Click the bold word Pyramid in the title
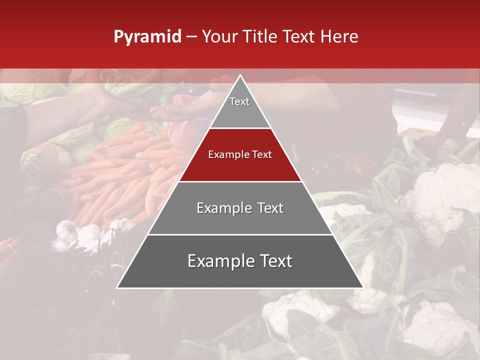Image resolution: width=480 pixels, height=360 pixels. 147,37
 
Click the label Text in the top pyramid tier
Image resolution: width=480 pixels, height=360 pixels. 239,101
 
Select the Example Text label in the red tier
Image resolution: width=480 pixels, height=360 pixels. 240,154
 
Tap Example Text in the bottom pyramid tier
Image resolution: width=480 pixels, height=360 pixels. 240,261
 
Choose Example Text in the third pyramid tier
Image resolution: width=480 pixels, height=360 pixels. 240,208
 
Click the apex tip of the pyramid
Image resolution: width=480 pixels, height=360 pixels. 240,75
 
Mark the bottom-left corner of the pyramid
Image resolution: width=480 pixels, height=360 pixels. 117,287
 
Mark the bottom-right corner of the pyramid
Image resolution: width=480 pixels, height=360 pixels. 362,287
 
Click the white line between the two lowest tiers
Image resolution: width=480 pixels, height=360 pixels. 240,234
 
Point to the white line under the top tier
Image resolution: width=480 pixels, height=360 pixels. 240,128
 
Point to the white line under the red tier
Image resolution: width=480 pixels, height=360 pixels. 240,181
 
